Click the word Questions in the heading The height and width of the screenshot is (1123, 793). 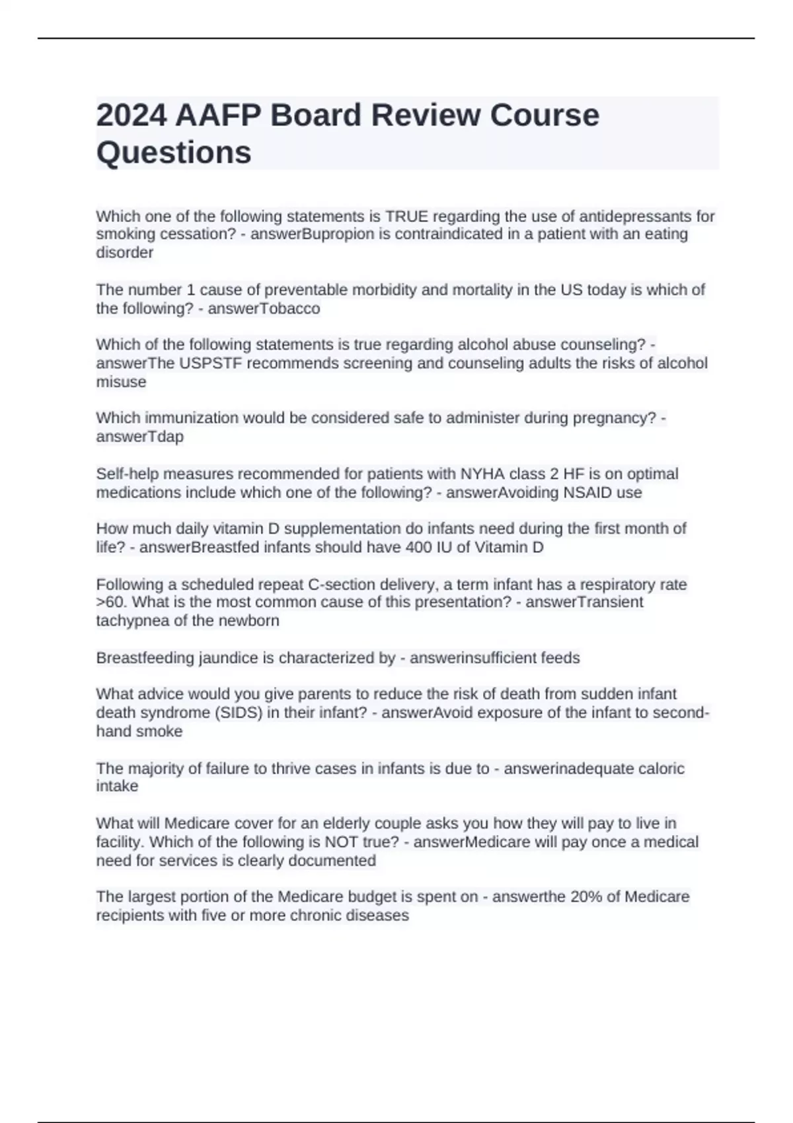(174, 153)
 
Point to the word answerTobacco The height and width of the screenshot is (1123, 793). (264, 308)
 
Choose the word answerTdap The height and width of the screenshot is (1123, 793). (140, 437)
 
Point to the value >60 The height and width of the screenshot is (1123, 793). (110, 602)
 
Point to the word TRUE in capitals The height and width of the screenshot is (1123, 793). (407, 217)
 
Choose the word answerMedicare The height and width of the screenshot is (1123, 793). (472, 842)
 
